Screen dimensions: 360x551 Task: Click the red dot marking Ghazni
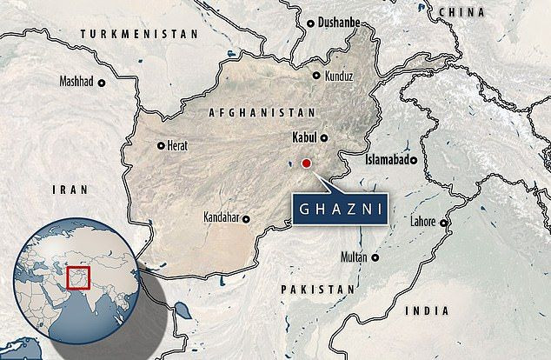[x=306, y=163]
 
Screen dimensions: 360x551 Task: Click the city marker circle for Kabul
[x=324, y=138]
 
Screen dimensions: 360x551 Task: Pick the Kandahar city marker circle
[x=247, y=218]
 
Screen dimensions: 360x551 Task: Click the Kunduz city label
[x=340, y=77]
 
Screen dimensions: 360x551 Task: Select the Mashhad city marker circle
[x=101, y=83]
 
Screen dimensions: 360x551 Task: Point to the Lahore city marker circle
[x=443, y=223]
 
